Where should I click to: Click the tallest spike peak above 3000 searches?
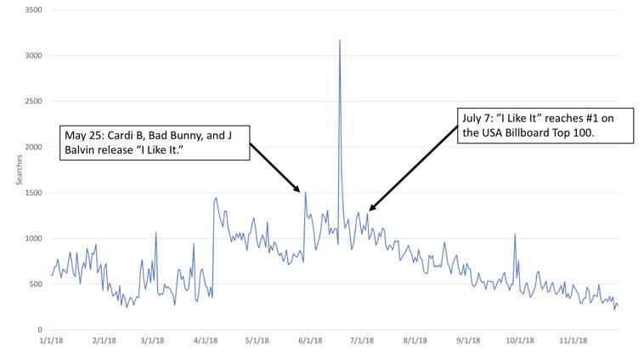point(340,40)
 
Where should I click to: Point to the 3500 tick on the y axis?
point(36,10)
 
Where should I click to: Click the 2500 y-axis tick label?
point(36,102)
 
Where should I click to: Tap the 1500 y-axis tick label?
point(36,193)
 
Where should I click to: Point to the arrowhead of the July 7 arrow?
point(370,209)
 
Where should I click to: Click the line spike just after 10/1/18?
point(515,234)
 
